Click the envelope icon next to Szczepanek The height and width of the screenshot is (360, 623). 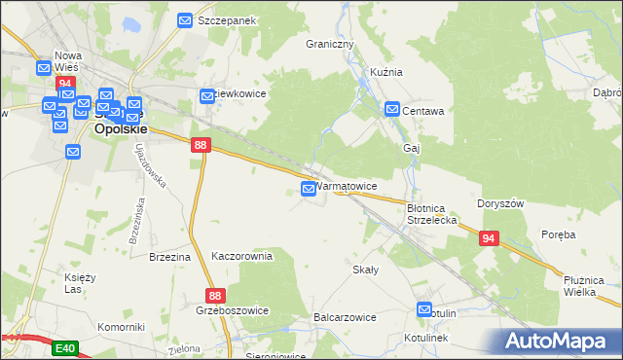click(x=186, y=19)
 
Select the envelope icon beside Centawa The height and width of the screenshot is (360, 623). click(x=392, y=110)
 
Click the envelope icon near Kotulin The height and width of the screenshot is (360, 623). click(x=424, y=310)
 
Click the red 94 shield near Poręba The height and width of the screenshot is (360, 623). click(x=488, y=237)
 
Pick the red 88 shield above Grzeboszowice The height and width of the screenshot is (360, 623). click(x=216, y=294)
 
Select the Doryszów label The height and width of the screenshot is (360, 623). click(x=501, y=204)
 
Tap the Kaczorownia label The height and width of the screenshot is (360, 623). click(x=241, y=256)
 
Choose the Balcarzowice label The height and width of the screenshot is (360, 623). click(x=345, y=317)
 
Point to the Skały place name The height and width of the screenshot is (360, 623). click(x=365, y=270)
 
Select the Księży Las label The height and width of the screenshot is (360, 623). click(x=80, y=283)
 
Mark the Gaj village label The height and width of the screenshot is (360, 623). click(x=411, y=148)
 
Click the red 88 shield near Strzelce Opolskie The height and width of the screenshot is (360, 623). click(x=200, y=144)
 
